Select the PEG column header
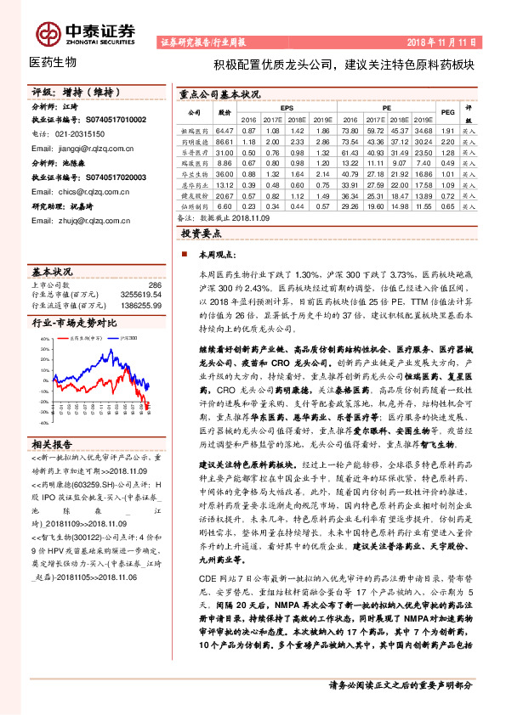(447, 113)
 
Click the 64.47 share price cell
(225, 130)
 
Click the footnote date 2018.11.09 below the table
(256, 218)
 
